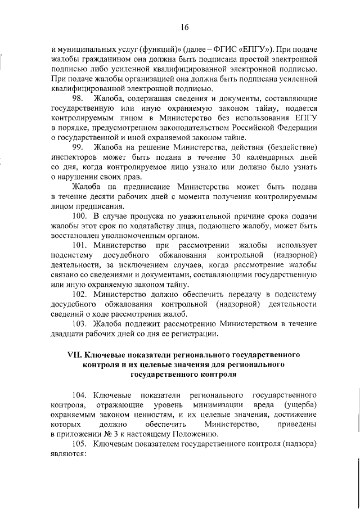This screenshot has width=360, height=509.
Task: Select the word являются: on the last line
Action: coord(67,454)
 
